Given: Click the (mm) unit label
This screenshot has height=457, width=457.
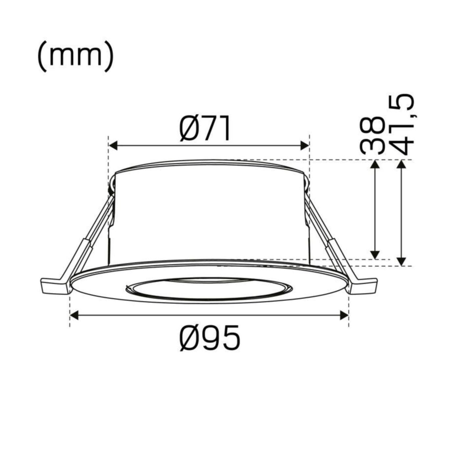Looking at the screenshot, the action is click(75, 57).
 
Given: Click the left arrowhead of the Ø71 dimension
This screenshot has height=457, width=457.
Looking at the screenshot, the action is click(113, 145).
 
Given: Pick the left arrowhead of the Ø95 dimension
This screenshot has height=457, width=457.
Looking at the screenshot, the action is click(74, 315).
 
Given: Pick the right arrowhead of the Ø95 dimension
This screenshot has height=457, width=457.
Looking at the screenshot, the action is click(344, 315).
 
